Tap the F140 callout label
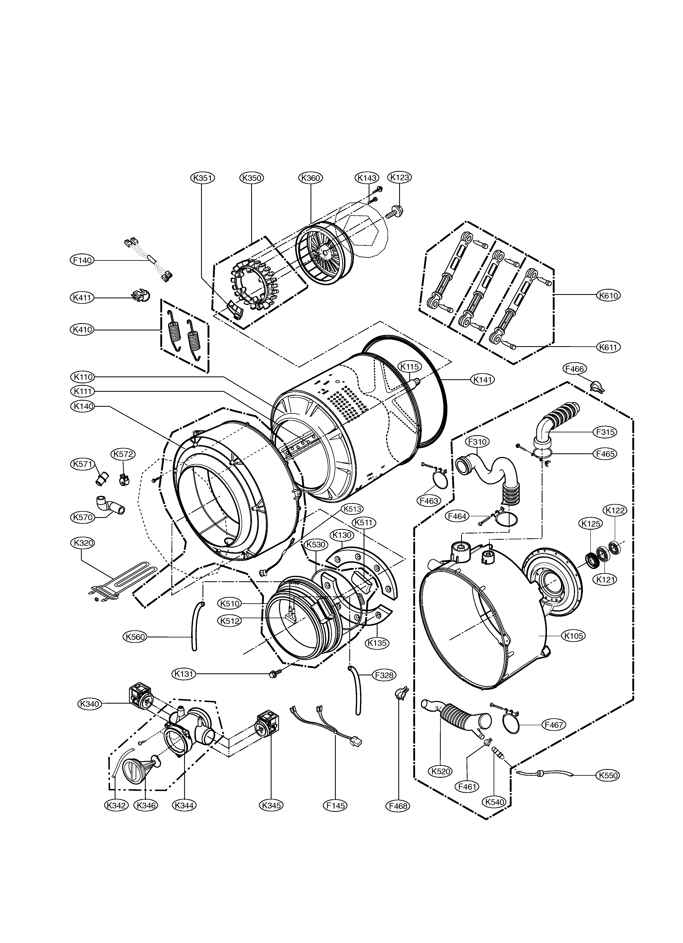click(x=82, y=260)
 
